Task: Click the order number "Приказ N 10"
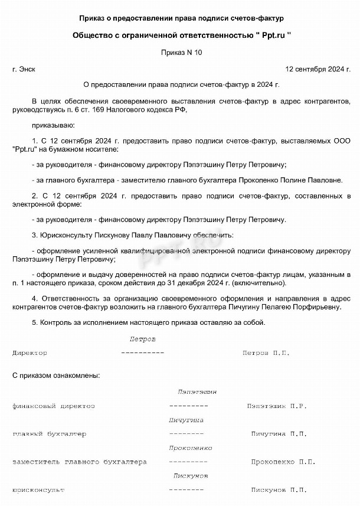pos(181,53)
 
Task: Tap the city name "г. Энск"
pos(24,69)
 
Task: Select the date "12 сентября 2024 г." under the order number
pos(318,69)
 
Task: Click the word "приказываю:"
pos(53,125)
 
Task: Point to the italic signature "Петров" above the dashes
pos(142,339)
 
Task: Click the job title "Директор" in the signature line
pos(30,353)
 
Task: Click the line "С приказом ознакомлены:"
pos(55,375)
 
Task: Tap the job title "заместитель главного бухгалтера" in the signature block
pos(79,462)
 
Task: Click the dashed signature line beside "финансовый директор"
pos(188,406)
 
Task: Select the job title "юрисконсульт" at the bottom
pos(38,490)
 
